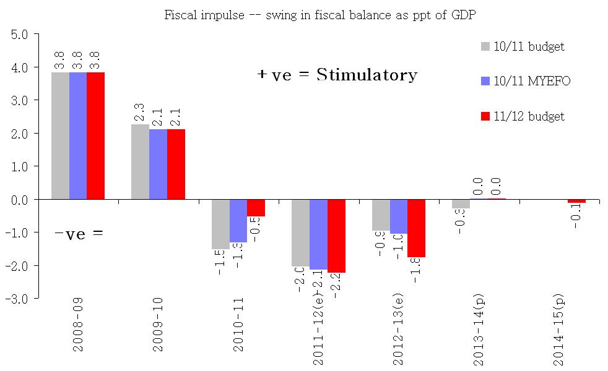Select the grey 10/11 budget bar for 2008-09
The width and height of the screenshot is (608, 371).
point(60,136)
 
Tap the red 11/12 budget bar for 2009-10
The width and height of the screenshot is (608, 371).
point(176,164)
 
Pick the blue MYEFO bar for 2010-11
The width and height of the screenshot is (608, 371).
point(238,221)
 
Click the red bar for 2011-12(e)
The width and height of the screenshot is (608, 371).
point(336,236)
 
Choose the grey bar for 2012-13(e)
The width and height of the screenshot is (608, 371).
point(380,215)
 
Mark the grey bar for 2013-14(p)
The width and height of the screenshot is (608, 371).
point(460,204)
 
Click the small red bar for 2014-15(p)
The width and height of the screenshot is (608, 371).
point(576,201)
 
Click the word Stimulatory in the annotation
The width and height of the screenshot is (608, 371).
point(367,75)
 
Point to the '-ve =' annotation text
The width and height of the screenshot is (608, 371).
point(79,233)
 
